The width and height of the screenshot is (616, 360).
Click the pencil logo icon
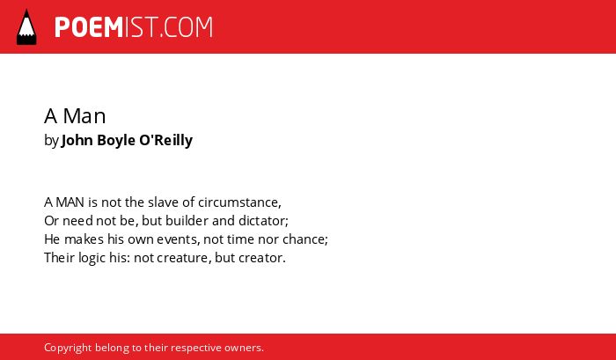(26, 27)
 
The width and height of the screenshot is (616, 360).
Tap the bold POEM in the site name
(89, 27)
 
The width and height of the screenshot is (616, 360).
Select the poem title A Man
(75, 116)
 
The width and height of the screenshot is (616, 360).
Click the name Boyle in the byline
(116, 140)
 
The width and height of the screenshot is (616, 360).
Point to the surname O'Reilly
(165, 140)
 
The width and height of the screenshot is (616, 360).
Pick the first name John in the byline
(77, 140)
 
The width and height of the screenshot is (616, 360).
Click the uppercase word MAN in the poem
(70, 202)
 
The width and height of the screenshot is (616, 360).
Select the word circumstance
(239, 202)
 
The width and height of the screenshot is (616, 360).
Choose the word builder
(187, 220)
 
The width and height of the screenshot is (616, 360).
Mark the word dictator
(264, 221)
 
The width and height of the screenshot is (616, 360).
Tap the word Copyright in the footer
(68, 349)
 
